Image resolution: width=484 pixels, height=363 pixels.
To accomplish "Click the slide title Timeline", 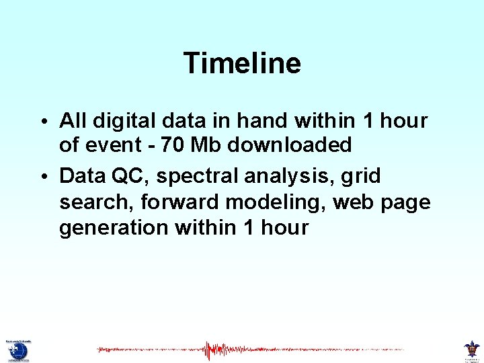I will coord(242,63).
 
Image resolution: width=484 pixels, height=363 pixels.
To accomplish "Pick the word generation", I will coord(114,228).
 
